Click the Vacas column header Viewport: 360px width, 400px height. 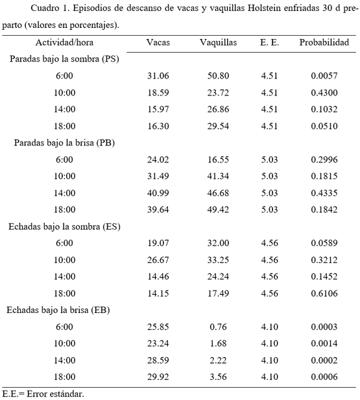tap(159, 43)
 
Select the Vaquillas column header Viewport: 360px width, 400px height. tap(218, 43)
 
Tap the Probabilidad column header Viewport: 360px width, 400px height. tap(324, 43)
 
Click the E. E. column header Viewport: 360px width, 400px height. tap(269, 43)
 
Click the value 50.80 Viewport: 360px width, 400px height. tap(218, 76)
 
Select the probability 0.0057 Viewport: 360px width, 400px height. tap(324, 76)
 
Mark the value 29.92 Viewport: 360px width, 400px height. tap(159, 377)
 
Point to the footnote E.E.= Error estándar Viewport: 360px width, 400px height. tap(43, 394)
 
